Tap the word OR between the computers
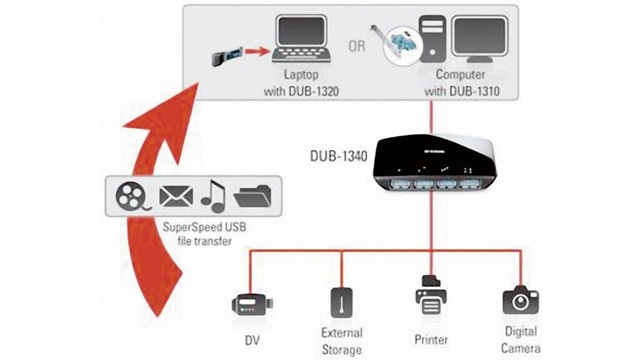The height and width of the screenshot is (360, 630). (x=357, y=46)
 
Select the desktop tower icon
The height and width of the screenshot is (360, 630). (x=432, y=39)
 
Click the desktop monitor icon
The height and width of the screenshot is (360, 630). (x=480, y=39)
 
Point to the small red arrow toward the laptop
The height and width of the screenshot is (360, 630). (x=257, y=51)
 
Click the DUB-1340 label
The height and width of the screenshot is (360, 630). (x=338, y=156)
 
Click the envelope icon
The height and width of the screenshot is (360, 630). (x=176, y=196)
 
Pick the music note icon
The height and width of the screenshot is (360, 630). (x=213, y=196)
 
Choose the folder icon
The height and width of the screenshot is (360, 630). (x=252, y=196)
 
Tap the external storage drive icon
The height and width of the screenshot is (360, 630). (x=341, y=302)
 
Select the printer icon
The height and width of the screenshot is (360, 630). (x=431, y=294)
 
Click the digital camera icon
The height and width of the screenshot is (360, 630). (x=521, y=301)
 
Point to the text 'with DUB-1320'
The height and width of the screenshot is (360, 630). (x=301, y=91)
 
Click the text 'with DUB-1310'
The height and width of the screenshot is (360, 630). (x=462, y=91)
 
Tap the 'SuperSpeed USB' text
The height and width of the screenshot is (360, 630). (x=204, y=227)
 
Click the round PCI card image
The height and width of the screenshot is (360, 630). (x=400, y=46)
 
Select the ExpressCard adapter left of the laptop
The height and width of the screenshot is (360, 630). (x=227, y=56)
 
